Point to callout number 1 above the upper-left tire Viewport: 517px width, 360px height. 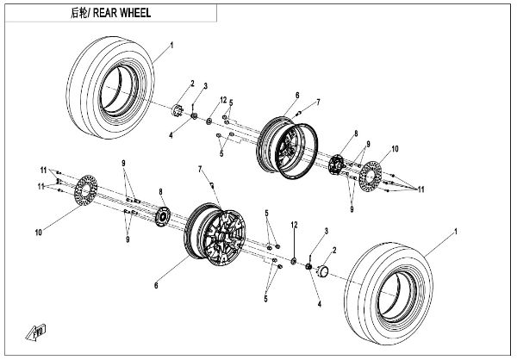(x=171, y=44)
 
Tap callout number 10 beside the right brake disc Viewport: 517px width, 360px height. (x=395, y=150)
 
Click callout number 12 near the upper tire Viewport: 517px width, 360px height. (x=222, y=100)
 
